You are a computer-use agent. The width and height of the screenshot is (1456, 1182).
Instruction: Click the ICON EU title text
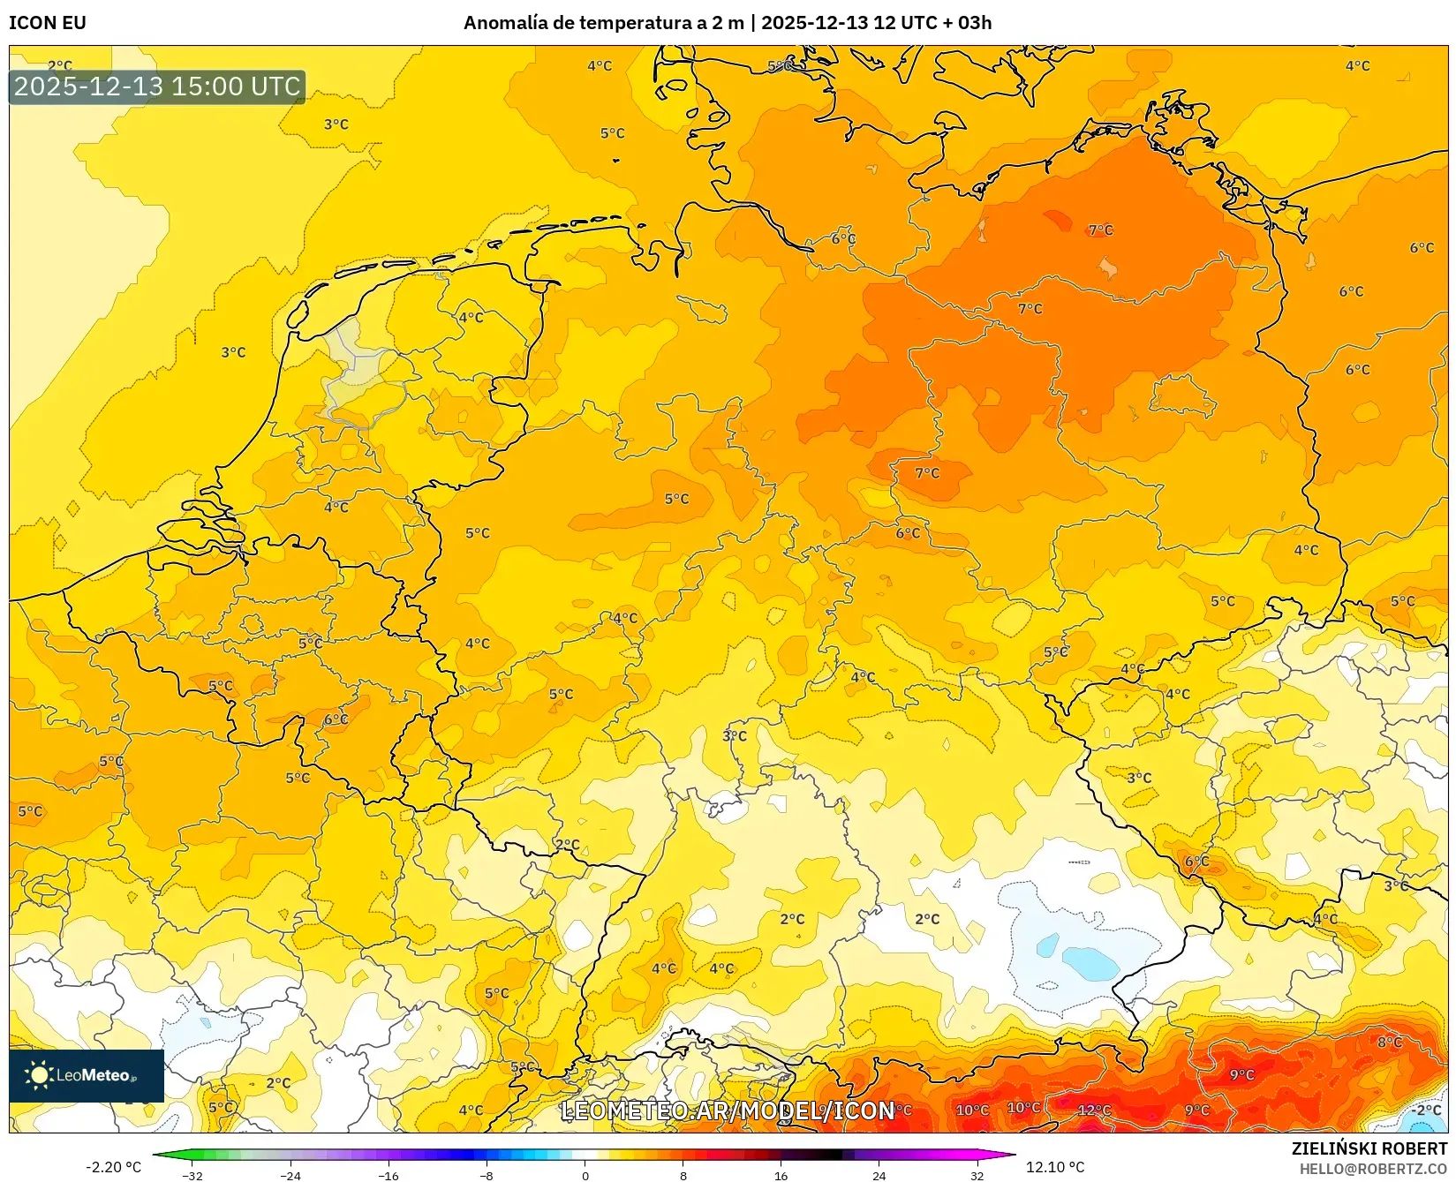(x=48, y=23)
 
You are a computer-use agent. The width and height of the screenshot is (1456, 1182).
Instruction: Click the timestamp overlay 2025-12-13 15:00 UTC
(x=157, y=87)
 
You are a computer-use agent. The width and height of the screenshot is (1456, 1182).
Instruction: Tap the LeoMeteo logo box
(x=87, y=1075)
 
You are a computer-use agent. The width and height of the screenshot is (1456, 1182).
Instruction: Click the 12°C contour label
(x=1095, y=1110)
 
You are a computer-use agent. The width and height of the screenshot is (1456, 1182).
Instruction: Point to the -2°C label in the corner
(x=1425, y=1110)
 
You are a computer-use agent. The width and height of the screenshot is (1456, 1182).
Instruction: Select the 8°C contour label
(x=1390, y=1043)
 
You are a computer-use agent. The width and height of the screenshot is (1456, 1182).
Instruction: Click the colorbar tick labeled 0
(x=585, y=1176)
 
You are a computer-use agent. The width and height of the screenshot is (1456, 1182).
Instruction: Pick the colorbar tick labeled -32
(x=192, y=1176)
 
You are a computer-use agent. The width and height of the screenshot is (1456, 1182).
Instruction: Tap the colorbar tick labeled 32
(x=977, y=1176)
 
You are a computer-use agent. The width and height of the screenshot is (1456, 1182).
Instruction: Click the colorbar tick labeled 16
(x=781, y=1176)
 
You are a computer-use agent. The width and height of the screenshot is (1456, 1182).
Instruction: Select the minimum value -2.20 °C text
(x=113, y=1167)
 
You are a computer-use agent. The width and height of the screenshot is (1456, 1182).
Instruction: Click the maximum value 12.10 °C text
(x=1055, y=1167)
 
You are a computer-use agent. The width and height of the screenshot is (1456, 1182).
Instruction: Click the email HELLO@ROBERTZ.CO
(x=1373, y=1169)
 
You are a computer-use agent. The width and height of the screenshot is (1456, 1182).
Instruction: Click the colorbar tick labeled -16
(x=389, y=1176)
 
